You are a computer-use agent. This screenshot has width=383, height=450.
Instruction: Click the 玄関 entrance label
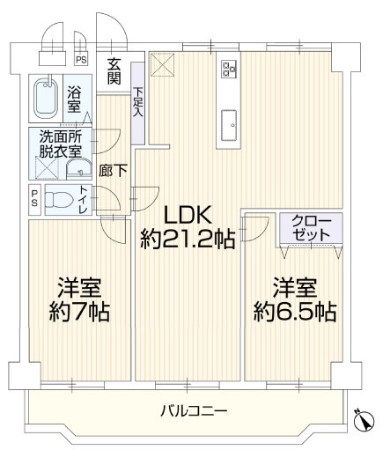(115, 70)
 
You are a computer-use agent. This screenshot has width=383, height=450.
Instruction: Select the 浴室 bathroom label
(75, 99)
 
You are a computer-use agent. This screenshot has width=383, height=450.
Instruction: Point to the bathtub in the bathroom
(44, 100)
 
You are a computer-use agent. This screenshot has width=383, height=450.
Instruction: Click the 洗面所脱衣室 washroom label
(59, 144)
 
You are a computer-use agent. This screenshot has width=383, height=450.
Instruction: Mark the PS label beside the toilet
(34, 199)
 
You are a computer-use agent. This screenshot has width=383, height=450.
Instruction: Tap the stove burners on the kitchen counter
(228, 69)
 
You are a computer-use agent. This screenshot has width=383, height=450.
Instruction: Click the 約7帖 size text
(78, 313)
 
